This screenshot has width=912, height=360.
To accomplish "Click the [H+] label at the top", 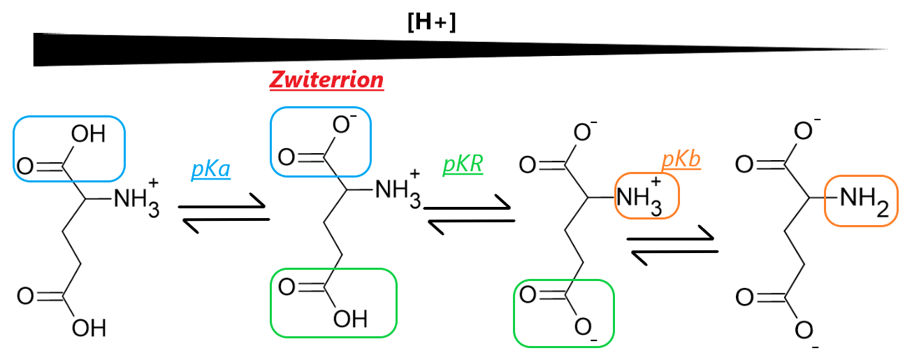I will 431,22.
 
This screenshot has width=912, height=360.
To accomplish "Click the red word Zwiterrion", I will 327,80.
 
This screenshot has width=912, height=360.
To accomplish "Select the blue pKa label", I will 210,170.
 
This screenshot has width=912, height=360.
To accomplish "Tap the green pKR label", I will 463,166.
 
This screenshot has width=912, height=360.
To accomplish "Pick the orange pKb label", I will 681,160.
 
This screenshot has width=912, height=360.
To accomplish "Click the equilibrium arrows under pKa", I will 224,213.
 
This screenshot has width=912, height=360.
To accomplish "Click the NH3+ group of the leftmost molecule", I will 134,199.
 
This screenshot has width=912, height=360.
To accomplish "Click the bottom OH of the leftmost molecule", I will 89,327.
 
